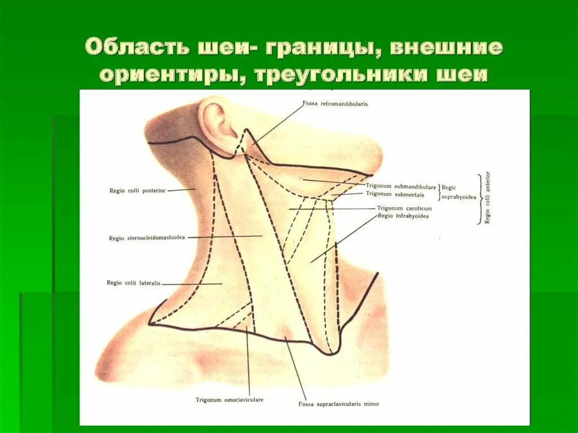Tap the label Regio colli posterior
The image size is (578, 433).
click(x=138, y=191)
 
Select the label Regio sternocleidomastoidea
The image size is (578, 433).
click(x=147, y=238)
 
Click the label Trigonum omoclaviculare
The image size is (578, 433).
click(x=229, y=400)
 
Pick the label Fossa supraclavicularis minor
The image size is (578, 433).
click(x=339, y=404)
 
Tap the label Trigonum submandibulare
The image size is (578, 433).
click(x=401, y=187)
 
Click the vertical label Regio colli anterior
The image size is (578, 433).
click(x=487, y=198)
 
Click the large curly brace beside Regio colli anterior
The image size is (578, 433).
click(x=478, y=199)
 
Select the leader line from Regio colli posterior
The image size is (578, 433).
click(x=181, y=190)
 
